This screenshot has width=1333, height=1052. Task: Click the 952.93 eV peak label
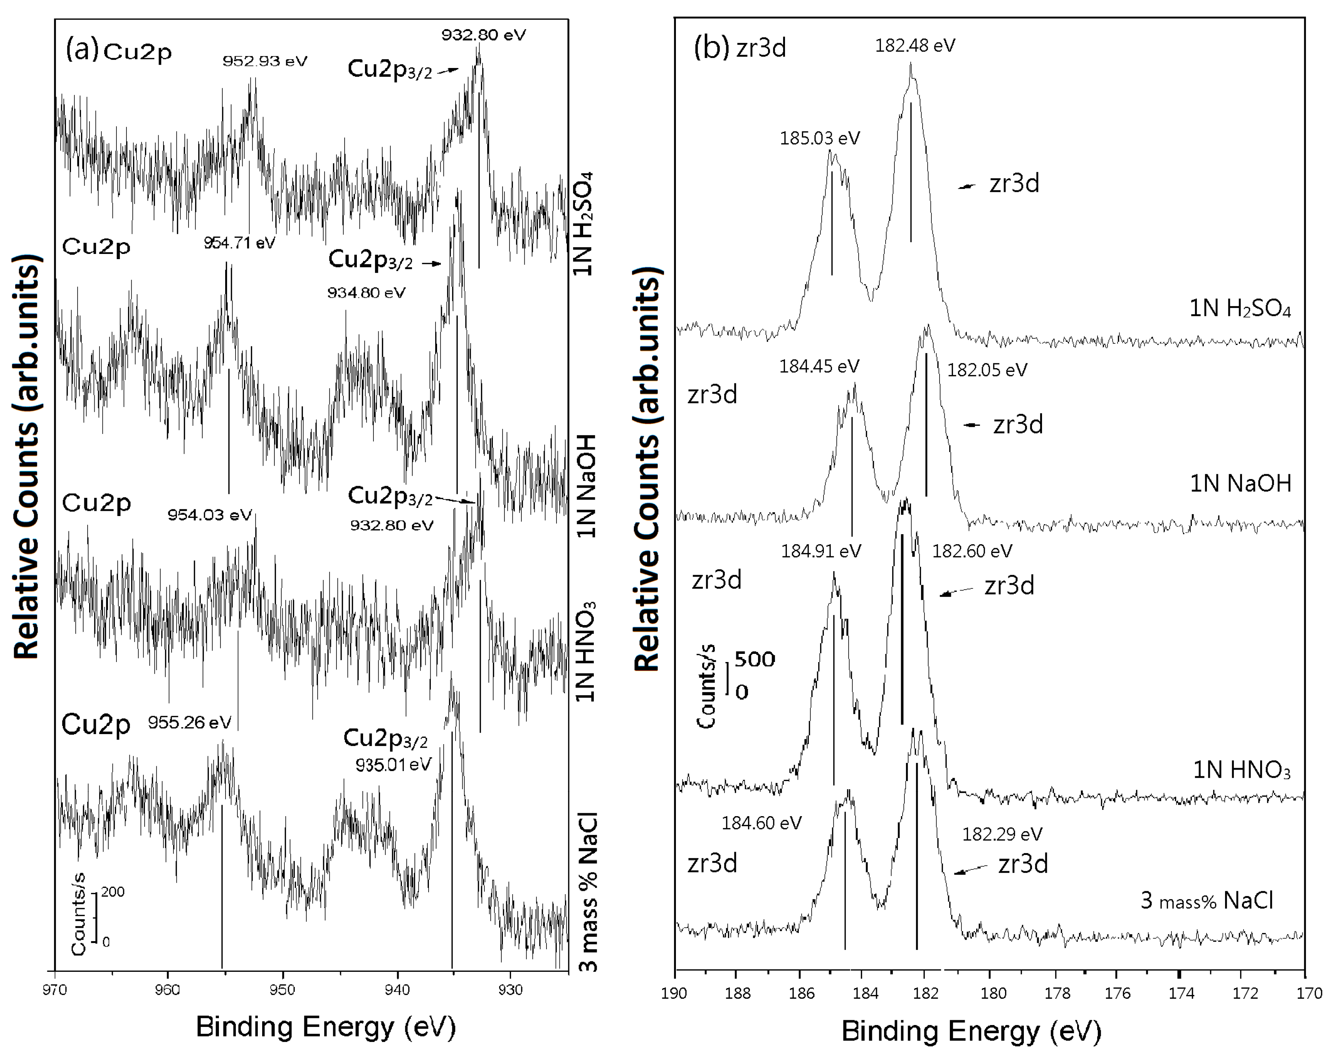(265, 61)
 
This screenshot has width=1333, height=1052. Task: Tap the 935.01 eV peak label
(393, 764)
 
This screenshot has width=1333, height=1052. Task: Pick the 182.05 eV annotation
(987, 370)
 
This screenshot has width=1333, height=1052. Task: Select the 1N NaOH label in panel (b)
(1240, 483)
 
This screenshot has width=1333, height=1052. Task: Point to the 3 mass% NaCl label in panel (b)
(1206, 901)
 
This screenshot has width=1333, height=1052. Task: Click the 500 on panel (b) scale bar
(755, 660)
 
